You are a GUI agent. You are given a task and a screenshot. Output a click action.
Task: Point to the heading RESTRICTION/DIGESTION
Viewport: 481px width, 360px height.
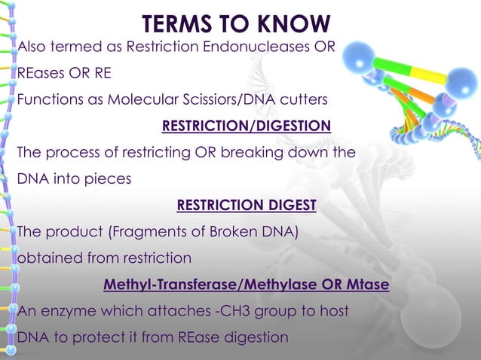tap(247, 126)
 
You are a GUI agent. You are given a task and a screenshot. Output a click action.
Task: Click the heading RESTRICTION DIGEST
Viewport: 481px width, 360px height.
tap(246, 205)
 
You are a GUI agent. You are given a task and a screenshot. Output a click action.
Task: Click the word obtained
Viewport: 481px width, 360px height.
tap(47, 258)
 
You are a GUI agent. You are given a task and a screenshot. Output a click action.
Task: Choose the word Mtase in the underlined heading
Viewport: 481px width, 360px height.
tap(366, 285)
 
